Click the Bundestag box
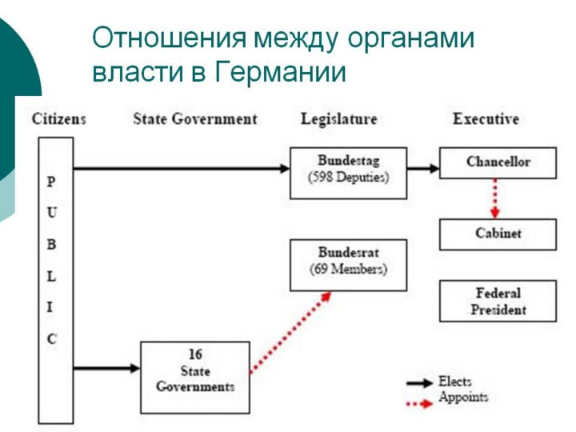[348, 172]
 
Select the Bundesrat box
[348, 264]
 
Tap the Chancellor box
[498, 162]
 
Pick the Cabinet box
[498, 234]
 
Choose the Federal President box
[498, 301]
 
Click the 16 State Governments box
[195, 377]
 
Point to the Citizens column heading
[59, 119]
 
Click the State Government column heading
[195, 119]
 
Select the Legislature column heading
[338, 119]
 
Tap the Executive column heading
[486, 119]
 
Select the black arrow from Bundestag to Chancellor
[423, 169]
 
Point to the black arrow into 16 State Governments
[106, 368]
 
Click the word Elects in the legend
[455, 382]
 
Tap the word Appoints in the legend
[463, 398]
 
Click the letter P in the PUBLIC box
[52, 182]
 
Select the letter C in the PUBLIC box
[52, 338]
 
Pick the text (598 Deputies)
[348, 178]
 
